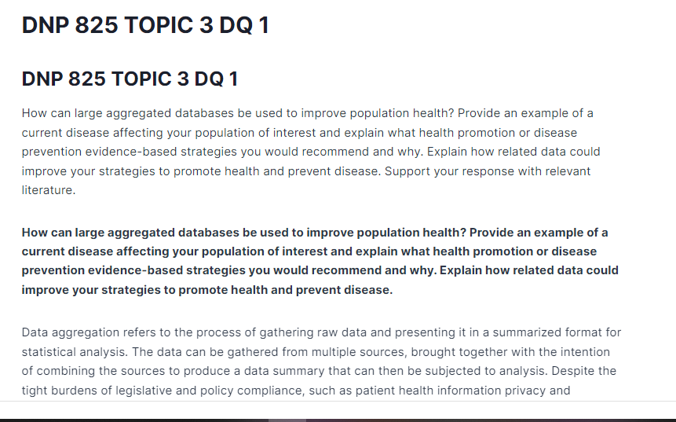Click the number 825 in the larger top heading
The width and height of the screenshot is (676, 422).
[x=97, y=25]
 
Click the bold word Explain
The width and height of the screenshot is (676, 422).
[x=460, y=270]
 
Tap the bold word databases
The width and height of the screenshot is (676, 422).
[x=209, y=233]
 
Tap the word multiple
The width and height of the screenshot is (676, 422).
[x=334, y=352]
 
